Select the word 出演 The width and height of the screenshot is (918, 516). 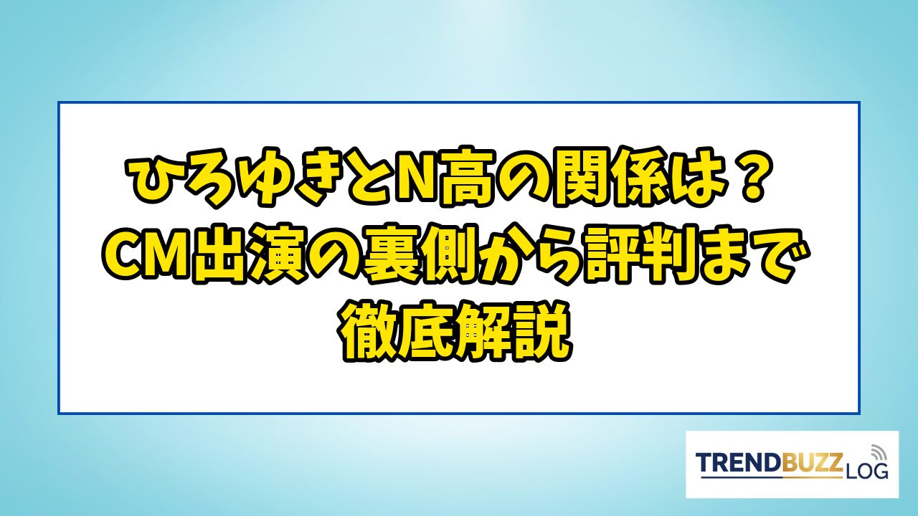pyautogui.click(x=253, y=256)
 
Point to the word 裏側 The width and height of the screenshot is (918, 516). pyautogui.click(x=423, y=256)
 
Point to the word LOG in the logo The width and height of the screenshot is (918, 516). pyautogui.click(x=866, y=472)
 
